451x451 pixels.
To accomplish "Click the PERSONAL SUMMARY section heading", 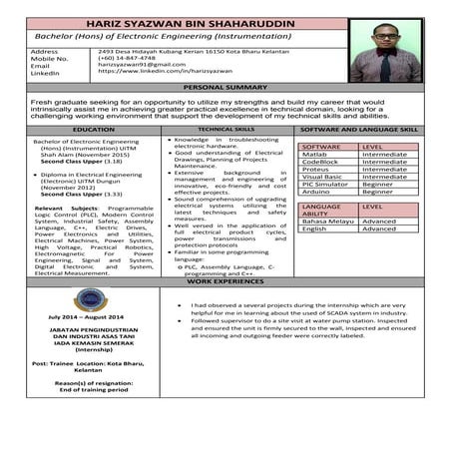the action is point(225,88).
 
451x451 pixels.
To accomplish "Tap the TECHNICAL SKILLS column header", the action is point(225,130).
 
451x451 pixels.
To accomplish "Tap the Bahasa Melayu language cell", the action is point(326,221).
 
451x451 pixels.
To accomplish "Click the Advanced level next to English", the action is point(379,228).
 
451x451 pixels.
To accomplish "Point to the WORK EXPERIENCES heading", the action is point(225,282).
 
